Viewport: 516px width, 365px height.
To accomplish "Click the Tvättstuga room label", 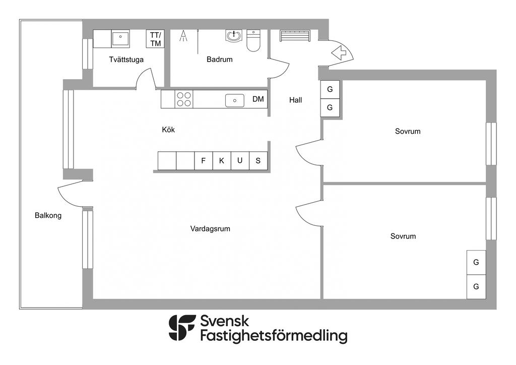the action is coord(126,60).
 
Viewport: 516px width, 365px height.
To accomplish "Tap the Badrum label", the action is coord(220,59).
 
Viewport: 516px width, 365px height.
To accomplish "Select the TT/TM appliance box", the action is coord(155,39).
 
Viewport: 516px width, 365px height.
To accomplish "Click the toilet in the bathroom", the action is coord(253,41).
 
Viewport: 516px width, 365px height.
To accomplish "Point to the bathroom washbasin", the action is coord(234,36).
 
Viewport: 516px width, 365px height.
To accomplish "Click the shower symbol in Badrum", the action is coord(183,36).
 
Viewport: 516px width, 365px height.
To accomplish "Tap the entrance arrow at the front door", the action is coord(340,52).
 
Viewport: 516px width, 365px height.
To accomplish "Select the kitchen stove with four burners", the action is coord(184,99).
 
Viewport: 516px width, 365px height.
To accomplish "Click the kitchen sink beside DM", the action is coord(235,100).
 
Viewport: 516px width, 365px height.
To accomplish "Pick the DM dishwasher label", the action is coord(259,99).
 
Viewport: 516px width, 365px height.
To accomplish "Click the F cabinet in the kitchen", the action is coord(204,161).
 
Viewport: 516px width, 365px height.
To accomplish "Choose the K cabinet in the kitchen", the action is coord(222,161).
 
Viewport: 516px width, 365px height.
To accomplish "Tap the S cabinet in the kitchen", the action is coord(259,161).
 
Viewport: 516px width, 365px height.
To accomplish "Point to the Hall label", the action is coord(295,100).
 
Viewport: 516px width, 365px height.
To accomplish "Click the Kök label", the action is coord(168,130).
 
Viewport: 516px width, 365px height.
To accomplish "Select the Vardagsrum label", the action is coord(210,229).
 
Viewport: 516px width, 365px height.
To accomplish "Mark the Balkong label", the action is coord(48,216).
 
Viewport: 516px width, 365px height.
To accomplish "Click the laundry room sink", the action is coord(120,38).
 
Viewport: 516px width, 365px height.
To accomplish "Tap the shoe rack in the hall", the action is coord(295,36).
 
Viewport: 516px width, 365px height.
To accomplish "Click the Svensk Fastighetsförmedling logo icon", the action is coord(181,328).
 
